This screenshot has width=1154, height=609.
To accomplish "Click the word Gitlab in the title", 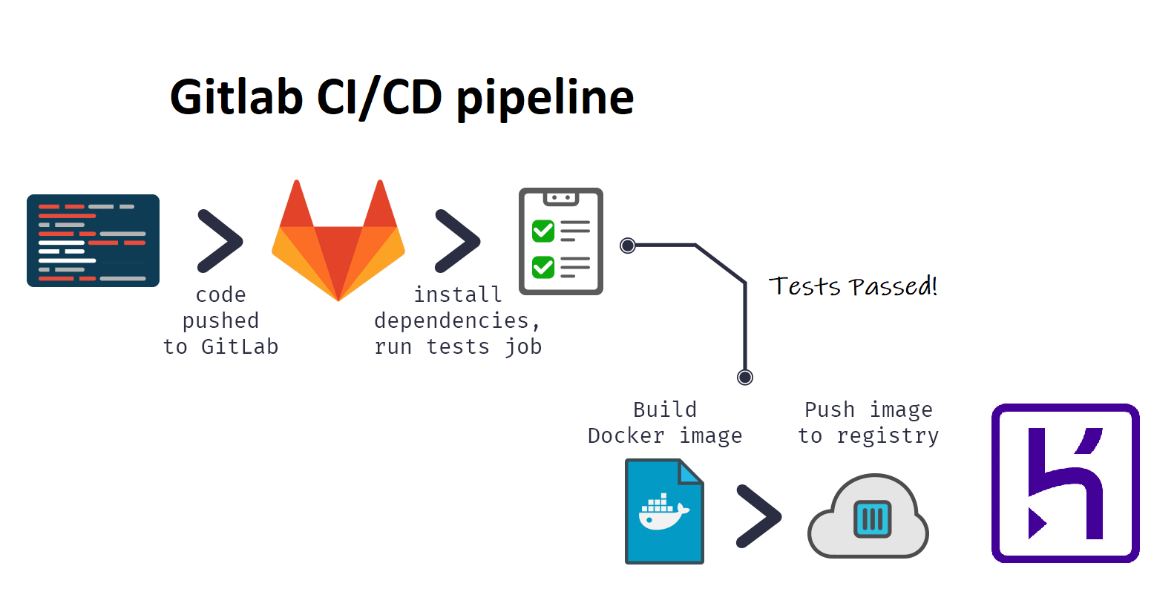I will (236, 97).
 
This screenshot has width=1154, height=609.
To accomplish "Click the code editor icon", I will (93, 240).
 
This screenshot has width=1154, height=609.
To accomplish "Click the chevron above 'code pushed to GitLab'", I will (220, 241).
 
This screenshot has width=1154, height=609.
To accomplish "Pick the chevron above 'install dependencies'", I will (457, 241).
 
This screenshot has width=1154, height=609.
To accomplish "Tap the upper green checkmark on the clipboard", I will (543, 231).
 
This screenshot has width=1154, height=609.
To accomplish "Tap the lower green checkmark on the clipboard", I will (543, 266).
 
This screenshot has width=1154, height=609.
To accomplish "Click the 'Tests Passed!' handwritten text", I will (853, 286).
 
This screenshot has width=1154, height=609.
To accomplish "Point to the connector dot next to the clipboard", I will (628, 246).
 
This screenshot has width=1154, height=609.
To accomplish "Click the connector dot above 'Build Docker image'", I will (745, 378).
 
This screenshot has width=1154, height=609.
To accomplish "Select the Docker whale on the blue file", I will (663, 512).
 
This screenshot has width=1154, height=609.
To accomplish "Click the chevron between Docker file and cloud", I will (758, 516).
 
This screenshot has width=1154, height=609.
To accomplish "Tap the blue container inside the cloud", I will (872, 519).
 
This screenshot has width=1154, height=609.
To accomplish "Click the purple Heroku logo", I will (1065, 483).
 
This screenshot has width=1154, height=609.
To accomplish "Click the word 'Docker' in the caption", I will (626, 435).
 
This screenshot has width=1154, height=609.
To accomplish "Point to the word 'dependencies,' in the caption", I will (456, 320).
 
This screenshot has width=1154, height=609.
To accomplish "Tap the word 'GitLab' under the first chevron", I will (240, 346).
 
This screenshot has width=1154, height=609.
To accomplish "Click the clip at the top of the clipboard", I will (561, 198).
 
